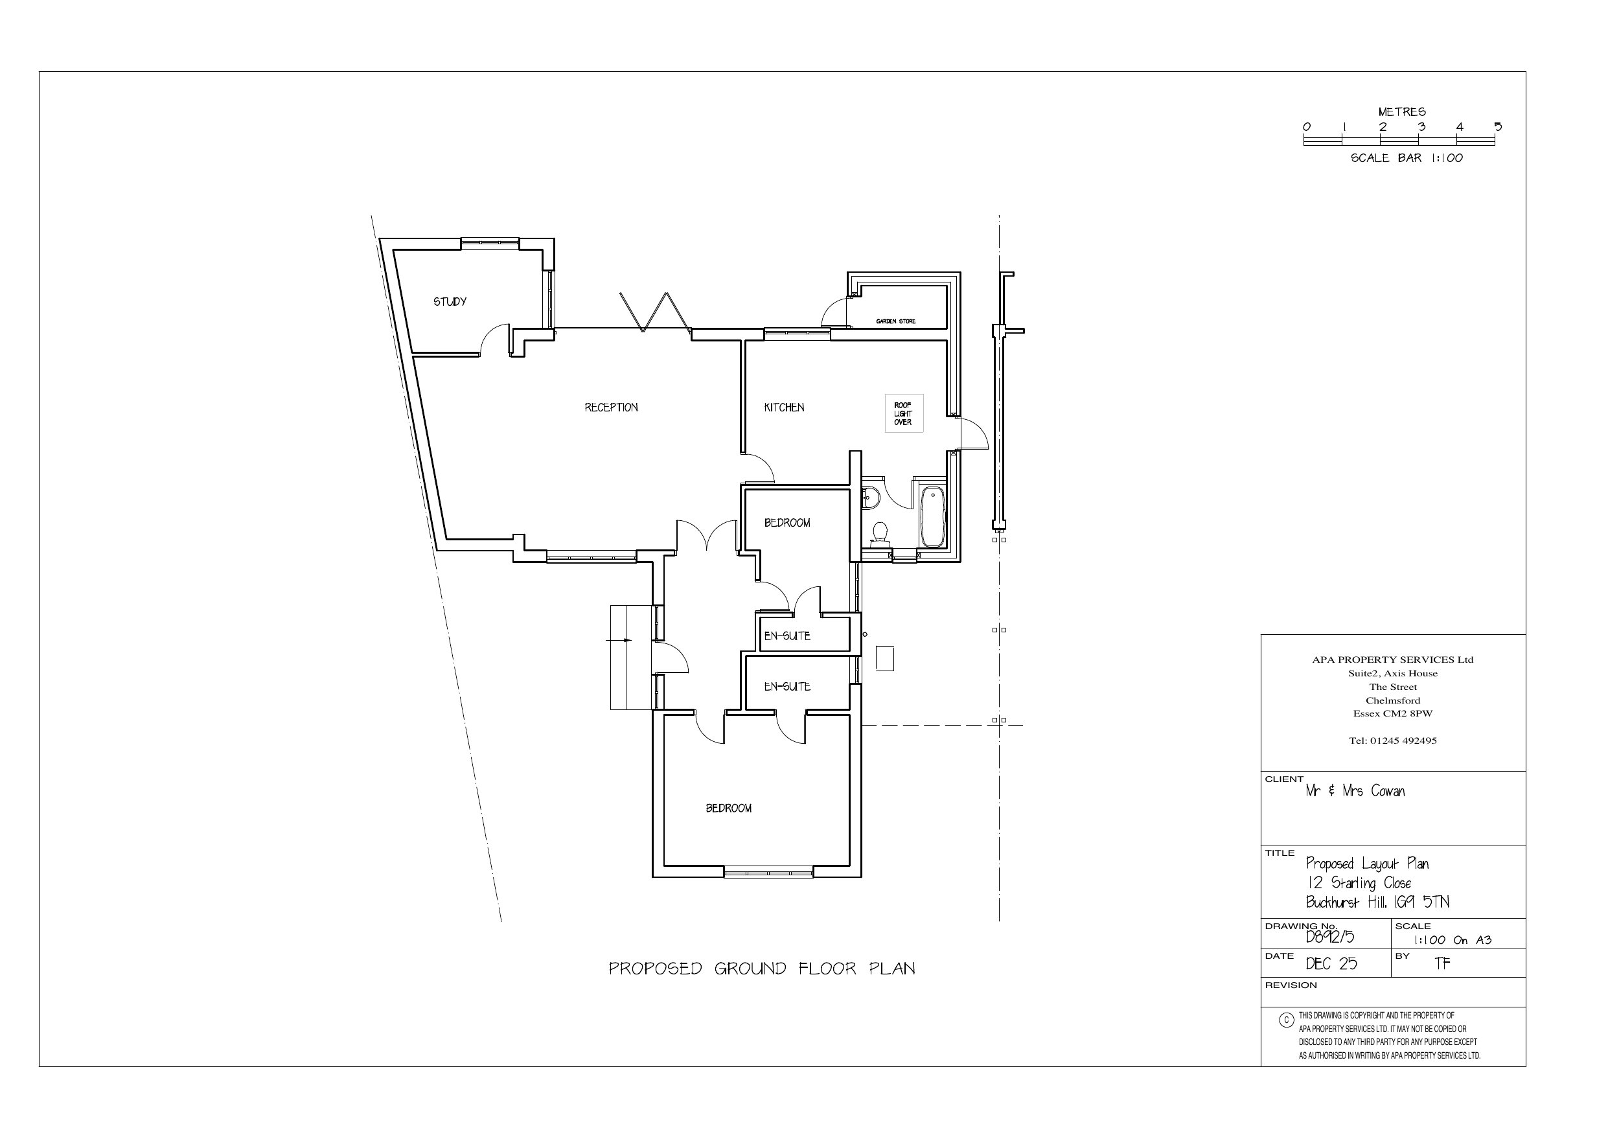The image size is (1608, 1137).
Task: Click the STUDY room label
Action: pyautogui.click(x=450, y=302)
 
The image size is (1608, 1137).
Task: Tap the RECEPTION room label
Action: pyautogui.click(x=612, y=408)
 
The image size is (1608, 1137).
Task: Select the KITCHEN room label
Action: pyautogui.click(x=784, y=408)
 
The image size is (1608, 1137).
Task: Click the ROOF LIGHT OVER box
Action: pyautogui.click(x=904, y=413)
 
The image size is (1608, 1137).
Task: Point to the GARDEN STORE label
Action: pyautogui.click(x=896, y=321)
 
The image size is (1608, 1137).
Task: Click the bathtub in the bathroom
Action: pyautogui.click(x=932, y=517)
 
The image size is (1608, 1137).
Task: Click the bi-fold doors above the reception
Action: pyautogui.click(x=655, y=311)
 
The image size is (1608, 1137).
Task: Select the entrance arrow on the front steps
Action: pyautogui.click(x=620, y=640)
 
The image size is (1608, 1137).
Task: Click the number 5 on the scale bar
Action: pyautogui.click(x=1497, y=127)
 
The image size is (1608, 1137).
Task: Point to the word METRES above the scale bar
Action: pyautogui.click(x=1401, y=112)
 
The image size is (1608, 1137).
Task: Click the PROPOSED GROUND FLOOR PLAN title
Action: pyautogui.click(x=762, y=969)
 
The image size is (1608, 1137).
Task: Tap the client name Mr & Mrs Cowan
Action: pyautogui.click(x=1355, y=791)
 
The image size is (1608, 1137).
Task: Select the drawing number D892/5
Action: pyautogui.click(x=1330, y=937)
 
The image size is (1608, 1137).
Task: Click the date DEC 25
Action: pyautogui.click(x=1331, y=964)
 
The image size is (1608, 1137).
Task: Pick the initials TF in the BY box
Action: pyautogui.click(x=1442, y=964)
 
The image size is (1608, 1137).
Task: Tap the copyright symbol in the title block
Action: pyautogui.click(x=1286, y=1020)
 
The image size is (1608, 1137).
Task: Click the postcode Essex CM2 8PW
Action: pyautogui.click(x=1392, y=714)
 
